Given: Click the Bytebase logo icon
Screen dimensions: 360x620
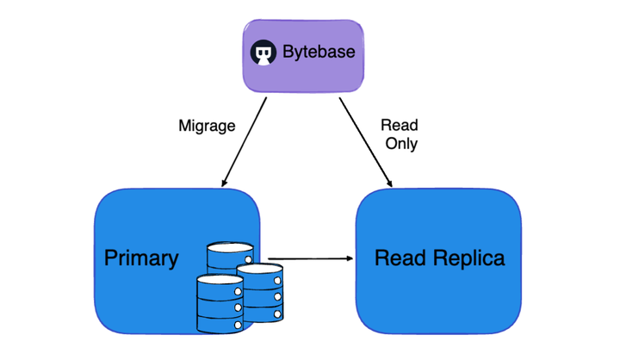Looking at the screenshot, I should pos(263,53).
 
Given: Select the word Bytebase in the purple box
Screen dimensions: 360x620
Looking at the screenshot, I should pos(318,53).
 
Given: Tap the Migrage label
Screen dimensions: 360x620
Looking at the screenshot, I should pos(207,126).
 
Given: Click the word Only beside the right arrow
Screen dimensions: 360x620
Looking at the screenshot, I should pos(400,144).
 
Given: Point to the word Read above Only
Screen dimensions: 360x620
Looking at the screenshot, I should pos(399,126).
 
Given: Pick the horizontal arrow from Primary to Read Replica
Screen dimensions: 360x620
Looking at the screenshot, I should pos(310,258).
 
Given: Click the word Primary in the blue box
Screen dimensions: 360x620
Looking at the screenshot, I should pos(141,258).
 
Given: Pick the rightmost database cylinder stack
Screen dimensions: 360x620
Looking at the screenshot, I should pos(259,293).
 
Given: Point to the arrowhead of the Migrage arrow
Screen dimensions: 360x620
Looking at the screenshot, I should pos(225,183).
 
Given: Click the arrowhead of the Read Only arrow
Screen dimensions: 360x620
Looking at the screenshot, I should pos(391,183).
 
